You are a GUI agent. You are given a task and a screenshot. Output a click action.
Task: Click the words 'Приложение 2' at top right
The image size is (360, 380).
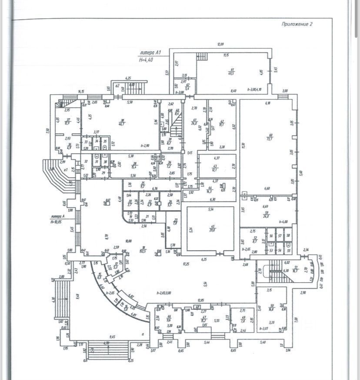[297, 24]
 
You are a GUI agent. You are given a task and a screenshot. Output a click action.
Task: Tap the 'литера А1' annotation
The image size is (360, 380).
[150, 53]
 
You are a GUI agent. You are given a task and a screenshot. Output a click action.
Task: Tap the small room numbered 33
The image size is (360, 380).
[86, 141]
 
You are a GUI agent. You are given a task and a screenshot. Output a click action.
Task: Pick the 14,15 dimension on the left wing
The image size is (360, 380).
[81, 91]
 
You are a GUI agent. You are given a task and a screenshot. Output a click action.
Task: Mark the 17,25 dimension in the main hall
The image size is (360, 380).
[186, 264]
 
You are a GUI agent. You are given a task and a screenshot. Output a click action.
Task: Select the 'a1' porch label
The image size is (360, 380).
[66, 170]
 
